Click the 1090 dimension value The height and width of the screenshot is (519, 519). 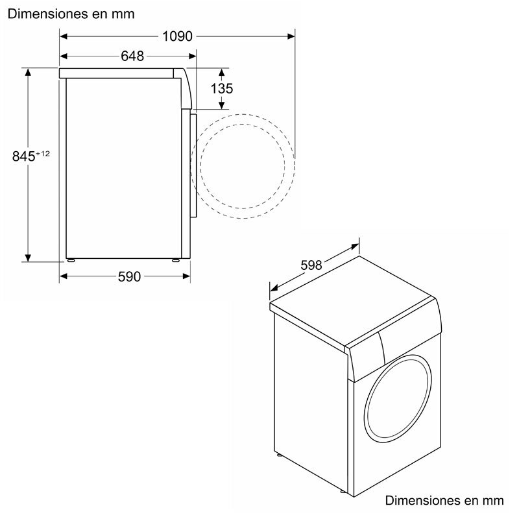[x=177, y=37]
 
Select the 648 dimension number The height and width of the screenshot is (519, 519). [x=132, y=56]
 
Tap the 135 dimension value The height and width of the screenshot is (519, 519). [x=222, y=89]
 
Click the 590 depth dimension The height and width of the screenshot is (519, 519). [x=129, y=277]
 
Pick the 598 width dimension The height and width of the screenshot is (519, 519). [x=311, y=265]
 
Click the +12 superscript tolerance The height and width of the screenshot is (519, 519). [x=43, y=153]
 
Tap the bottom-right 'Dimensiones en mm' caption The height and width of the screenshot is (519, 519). [x=444, y=501]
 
